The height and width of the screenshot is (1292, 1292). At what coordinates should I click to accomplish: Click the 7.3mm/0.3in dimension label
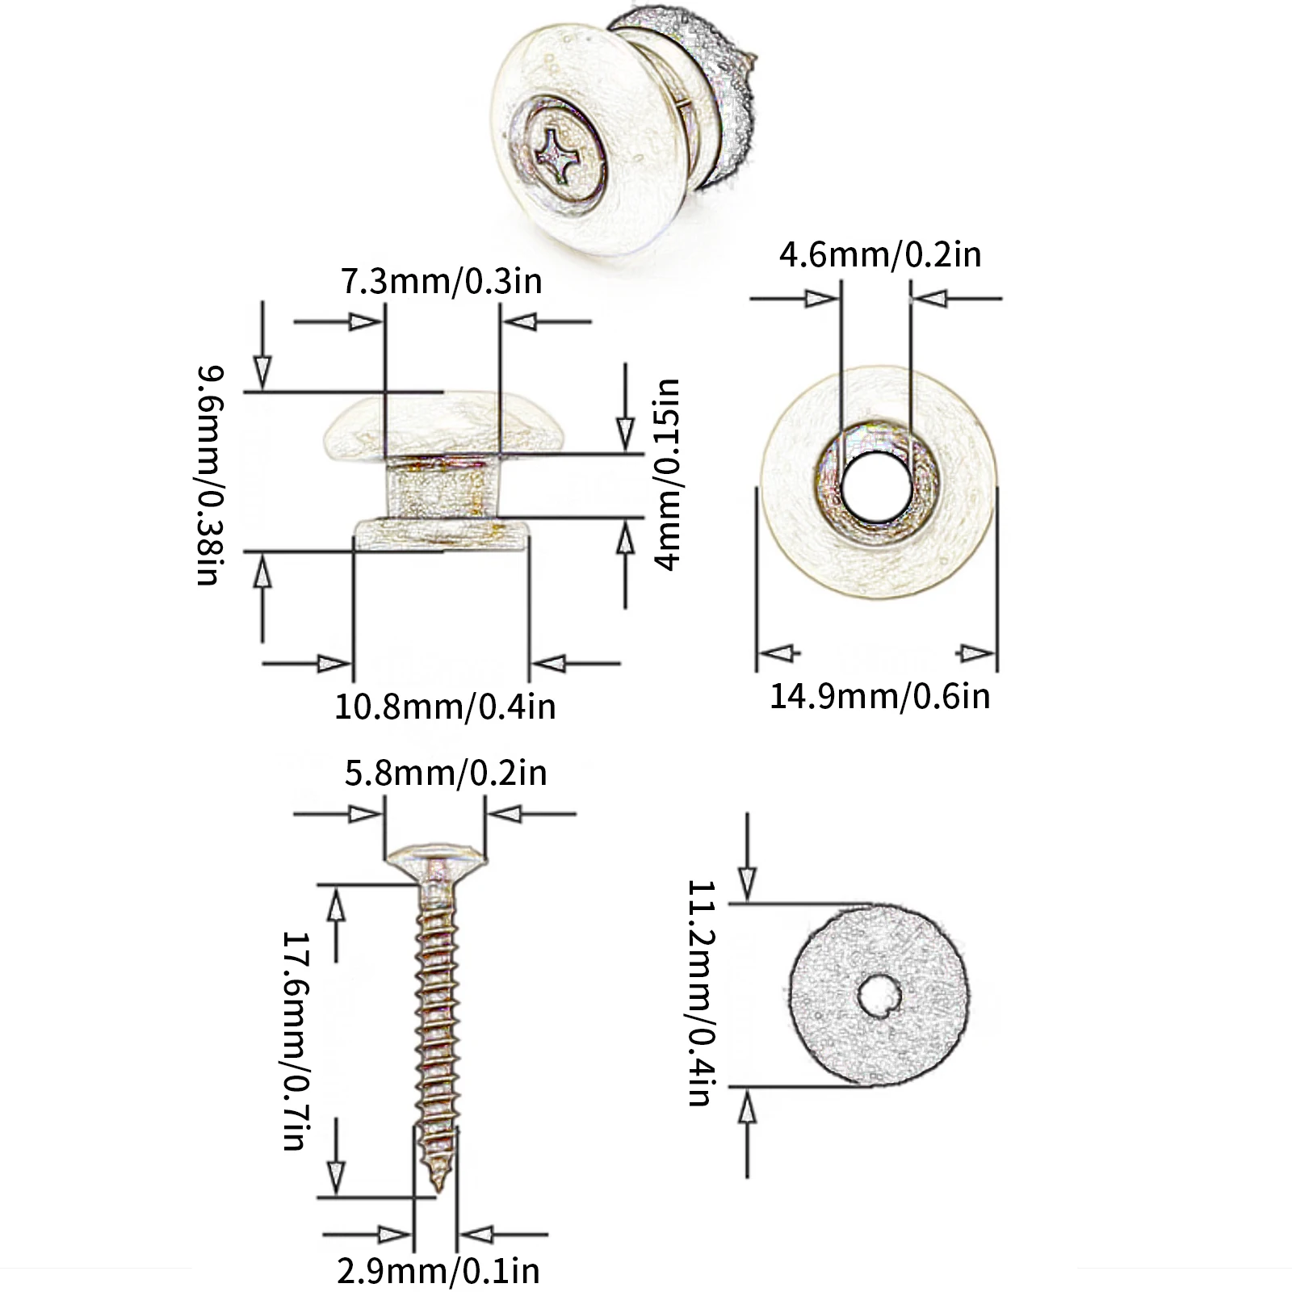[x=442, y=282]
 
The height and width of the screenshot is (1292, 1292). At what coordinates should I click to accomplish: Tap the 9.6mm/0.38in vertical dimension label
[x=208, y=476]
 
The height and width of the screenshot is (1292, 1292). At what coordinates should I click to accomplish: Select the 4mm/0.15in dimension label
[x=668, y=474]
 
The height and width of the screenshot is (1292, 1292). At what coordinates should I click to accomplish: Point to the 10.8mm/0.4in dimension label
[x=446, y=707]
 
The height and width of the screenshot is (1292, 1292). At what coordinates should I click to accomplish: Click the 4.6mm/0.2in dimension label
[x=880, y=254]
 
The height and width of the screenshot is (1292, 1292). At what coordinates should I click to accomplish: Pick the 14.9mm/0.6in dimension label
[x=879, y=696]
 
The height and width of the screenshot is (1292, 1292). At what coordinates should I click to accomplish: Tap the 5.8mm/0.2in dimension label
[x=446, y=773]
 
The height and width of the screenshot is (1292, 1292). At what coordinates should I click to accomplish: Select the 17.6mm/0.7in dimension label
[x=294, y=1040]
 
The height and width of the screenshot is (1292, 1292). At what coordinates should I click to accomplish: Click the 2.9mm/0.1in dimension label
[x=438, y=1270]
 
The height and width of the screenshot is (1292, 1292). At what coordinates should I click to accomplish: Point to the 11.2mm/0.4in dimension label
[x=699, y=992]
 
